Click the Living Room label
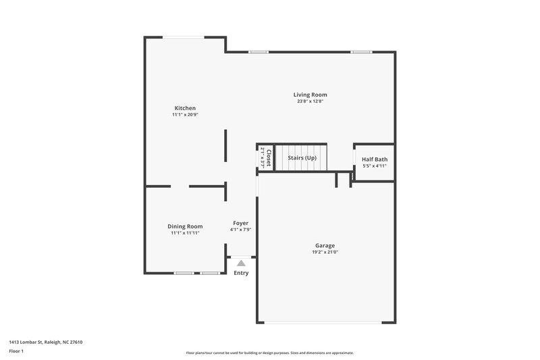310,95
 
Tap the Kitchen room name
185,108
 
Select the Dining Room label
185,226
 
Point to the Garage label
325,245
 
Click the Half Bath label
375,159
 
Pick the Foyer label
241,223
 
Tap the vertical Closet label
269,158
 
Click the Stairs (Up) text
302,157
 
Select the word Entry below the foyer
241,273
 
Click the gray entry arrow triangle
241,263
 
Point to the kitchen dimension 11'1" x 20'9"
185,115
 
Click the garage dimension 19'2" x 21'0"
325,252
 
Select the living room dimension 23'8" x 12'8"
310,101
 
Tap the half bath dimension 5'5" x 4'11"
375,166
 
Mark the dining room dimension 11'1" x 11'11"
185,233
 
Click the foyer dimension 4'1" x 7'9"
241,230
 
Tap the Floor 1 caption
16,351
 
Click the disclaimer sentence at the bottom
270,353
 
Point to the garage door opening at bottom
325,323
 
